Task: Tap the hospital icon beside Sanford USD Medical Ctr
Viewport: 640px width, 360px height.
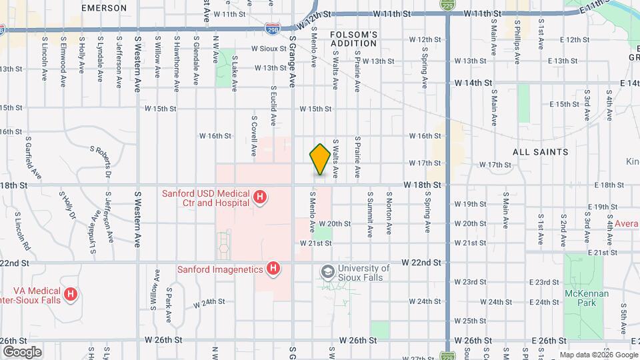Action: click(x=261, y=198)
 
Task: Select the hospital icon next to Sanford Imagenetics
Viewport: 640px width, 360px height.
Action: click(x=273, y=269)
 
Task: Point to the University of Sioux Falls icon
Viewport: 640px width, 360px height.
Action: click(x=327, y=271)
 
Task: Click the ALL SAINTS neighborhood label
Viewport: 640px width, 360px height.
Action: click(x=541, y=152)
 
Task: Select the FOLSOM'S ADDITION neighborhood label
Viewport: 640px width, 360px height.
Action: click(x=354, y=39)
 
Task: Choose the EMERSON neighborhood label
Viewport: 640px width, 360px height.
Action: click(x=104, y=8)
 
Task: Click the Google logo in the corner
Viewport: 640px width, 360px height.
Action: click(x=21, y=351)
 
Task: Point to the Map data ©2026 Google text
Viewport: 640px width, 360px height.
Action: click(x=598, y=354)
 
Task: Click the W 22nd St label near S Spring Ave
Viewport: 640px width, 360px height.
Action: click(x=421, y=263)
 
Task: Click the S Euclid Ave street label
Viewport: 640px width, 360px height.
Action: click(x=273, y=106)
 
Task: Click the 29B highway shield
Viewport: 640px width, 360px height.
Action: click(x=272, y=29)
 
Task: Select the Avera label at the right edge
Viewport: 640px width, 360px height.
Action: click(x=627, y=223)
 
